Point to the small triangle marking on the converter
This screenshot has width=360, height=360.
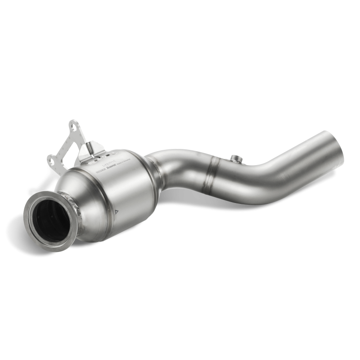(x=116, y=211)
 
